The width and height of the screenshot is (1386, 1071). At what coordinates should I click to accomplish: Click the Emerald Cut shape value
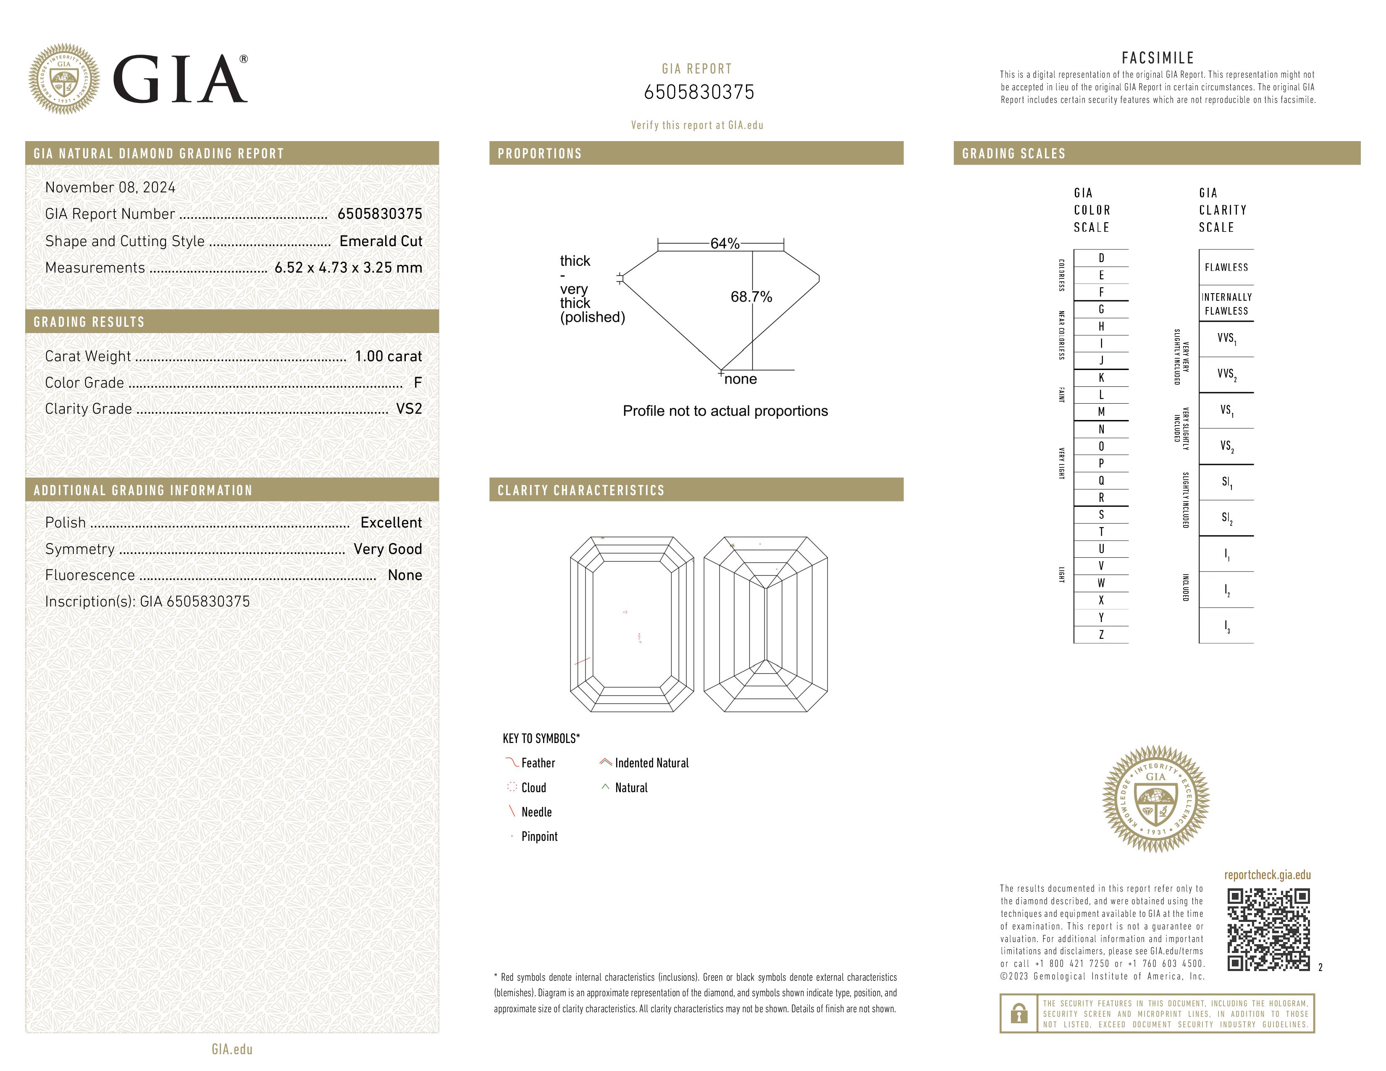click(381, 241)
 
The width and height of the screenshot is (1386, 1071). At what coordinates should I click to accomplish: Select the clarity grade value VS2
click(409, 409)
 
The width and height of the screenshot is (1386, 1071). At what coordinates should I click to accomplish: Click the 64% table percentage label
click(725, 244)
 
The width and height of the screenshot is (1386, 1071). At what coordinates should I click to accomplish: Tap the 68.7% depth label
click(751, 297)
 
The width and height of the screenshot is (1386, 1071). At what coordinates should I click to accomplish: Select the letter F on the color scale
click(1101, 292)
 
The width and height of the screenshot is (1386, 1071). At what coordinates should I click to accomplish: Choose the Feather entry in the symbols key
click(538, 763)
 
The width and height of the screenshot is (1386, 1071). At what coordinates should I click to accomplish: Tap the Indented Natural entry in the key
click(651, 763)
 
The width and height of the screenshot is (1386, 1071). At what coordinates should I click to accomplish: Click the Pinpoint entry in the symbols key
click(539, 836)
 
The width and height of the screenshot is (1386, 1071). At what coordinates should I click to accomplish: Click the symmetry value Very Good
click(388, 549)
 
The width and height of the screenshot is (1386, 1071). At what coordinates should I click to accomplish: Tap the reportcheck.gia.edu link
click(1267, 875)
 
